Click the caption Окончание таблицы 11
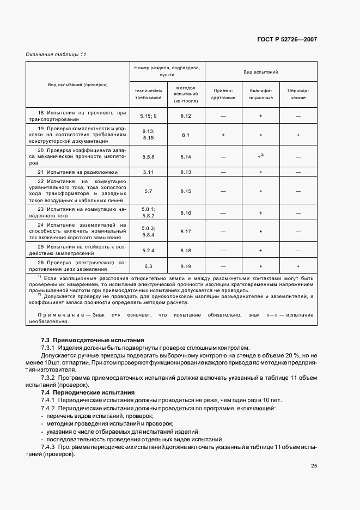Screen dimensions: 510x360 (x=56, y=54)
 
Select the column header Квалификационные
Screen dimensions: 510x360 (x=261, y=94)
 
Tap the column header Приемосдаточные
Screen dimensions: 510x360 (x=223, y=94)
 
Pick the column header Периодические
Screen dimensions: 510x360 (x=297, y=94)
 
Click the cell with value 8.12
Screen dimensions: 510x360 (x=186, y=116)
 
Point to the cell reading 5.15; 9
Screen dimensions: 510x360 (x=148, y=116)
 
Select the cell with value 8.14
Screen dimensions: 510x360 (x=186, y=157)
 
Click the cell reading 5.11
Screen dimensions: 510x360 (x=148, y=172)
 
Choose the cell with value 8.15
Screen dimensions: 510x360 (x=186, y=191)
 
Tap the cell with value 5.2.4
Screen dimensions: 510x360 (x=148, y=250)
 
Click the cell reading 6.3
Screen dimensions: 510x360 (x=148, y=266)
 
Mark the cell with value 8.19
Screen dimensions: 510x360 (x=186, y=266)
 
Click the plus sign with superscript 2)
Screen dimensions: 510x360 (x=261, y=156)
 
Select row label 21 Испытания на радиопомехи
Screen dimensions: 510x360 (x=76, y=172)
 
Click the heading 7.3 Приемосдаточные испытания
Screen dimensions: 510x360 (x=85, y=339)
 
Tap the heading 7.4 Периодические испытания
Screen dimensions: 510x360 (x=82, y=392)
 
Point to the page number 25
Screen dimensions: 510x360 (x=314, y=465)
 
